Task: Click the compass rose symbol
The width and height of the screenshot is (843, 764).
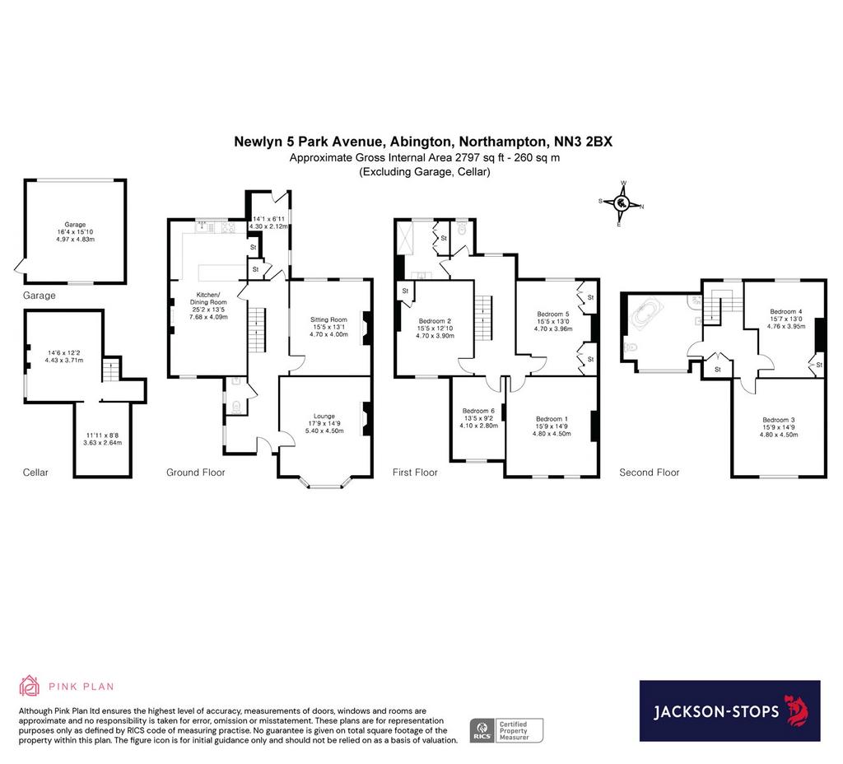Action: tap(622, 204)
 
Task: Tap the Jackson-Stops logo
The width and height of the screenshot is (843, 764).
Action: tap(729, 710)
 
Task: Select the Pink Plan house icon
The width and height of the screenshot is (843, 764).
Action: tap(29, 686)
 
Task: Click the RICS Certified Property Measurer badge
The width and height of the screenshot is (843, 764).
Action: tap(506, 731)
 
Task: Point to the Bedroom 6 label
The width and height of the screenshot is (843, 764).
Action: tap(478, 411)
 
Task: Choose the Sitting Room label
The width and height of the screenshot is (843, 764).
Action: tap(328, 319)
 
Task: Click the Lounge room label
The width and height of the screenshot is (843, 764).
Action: tap(324, 416)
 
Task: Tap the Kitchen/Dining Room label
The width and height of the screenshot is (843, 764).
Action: tap(208, 298)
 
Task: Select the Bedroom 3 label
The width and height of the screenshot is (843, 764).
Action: tap(779, 420)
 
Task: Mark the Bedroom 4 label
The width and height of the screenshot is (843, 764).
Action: tap(786, 311)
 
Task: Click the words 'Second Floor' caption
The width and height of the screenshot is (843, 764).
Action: tap(649, 473)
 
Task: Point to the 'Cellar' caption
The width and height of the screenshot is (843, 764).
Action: tap(35, 473)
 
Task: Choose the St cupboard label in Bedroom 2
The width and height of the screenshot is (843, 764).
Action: tap(405, 291)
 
